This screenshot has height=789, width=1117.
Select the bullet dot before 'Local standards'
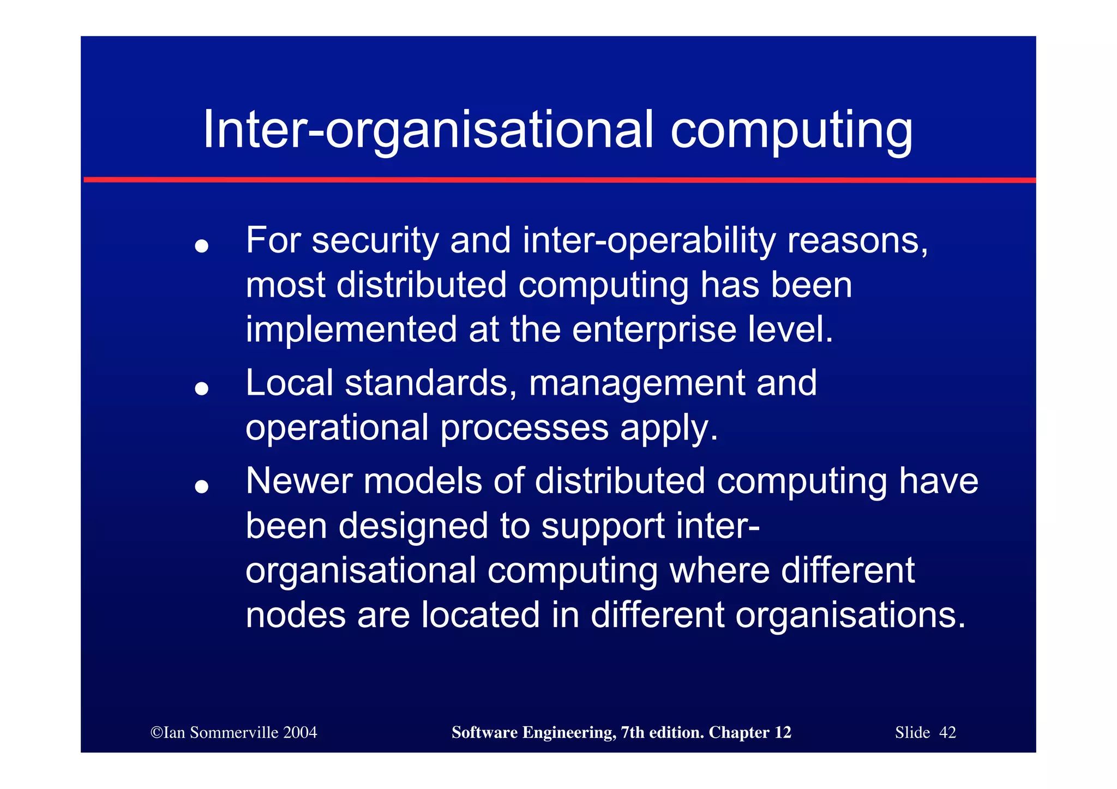tap(202, 388)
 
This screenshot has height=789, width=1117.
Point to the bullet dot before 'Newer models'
tap(202, 486)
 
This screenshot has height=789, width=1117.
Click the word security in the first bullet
tap(375, 240)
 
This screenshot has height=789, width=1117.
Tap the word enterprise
tap(654, 330)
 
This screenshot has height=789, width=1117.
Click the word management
tap(636, 383)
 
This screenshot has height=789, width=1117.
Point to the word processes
tap(524, 429)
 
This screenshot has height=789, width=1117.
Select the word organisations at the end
tap(850, 615)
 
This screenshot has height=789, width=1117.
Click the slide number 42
tap(947, 732)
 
